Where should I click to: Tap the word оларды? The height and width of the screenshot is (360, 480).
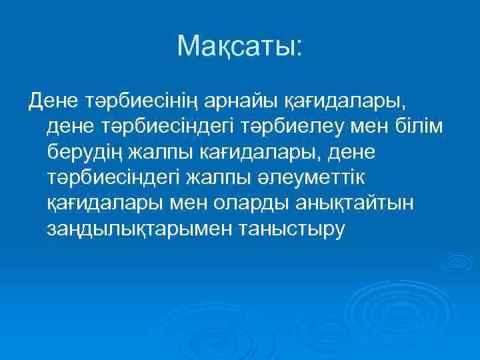pyautogui.click(x=217, y=203)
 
